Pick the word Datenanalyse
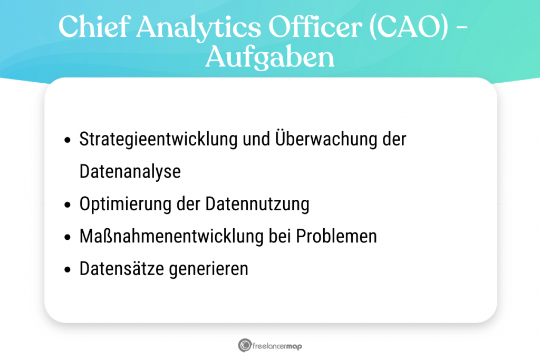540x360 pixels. pos(130,172)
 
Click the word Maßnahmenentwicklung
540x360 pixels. pos(170,236)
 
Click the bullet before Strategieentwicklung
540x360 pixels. pos(67,141)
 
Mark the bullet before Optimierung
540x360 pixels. pos(67,205)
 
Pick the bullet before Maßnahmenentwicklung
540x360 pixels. pos(67,237)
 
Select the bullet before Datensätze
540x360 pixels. pos(67,269)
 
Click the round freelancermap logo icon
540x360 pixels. pos(244,345)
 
